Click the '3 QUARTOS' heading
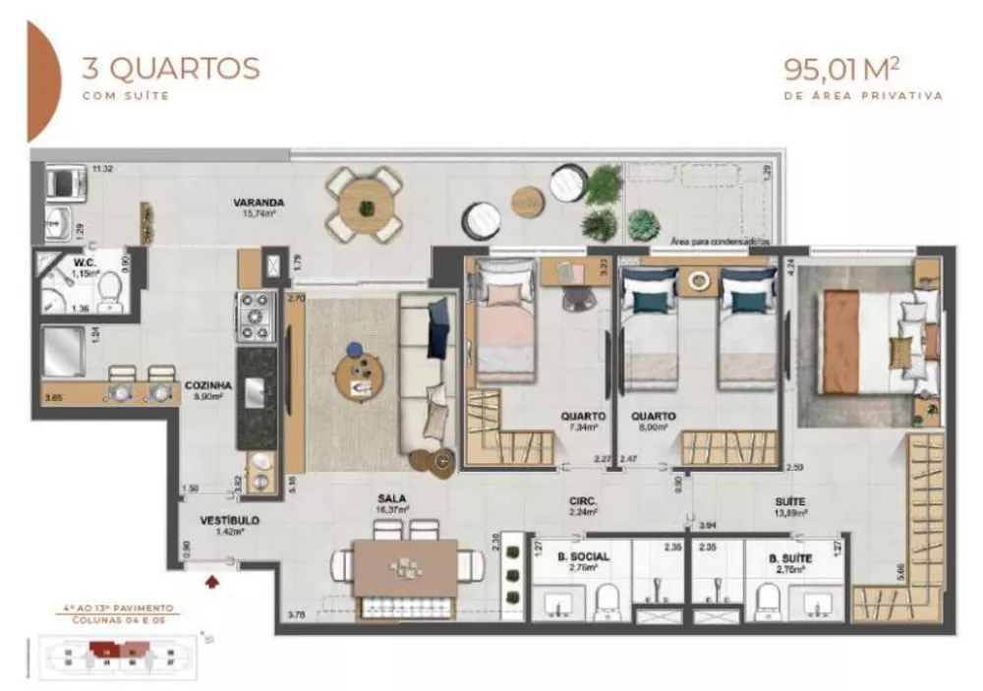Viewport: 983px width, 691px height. (x=171, y=69)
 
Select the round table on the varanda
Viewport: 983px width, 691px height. (x=366, y=205)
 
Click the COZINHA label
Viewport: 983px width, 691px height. (x=207, y=386)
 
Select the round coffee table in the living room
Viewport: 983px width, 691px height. (x=360, y=373)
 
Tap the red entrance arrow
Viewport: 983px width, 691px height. (x=210, y=582)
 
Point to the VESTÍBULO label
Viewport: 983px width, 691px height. (x=229, y=520)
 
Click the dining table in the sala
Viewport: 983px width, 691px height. (x=406, y=567)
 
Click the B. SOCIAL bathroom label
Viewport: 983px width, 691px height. (x=584, y=557)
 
